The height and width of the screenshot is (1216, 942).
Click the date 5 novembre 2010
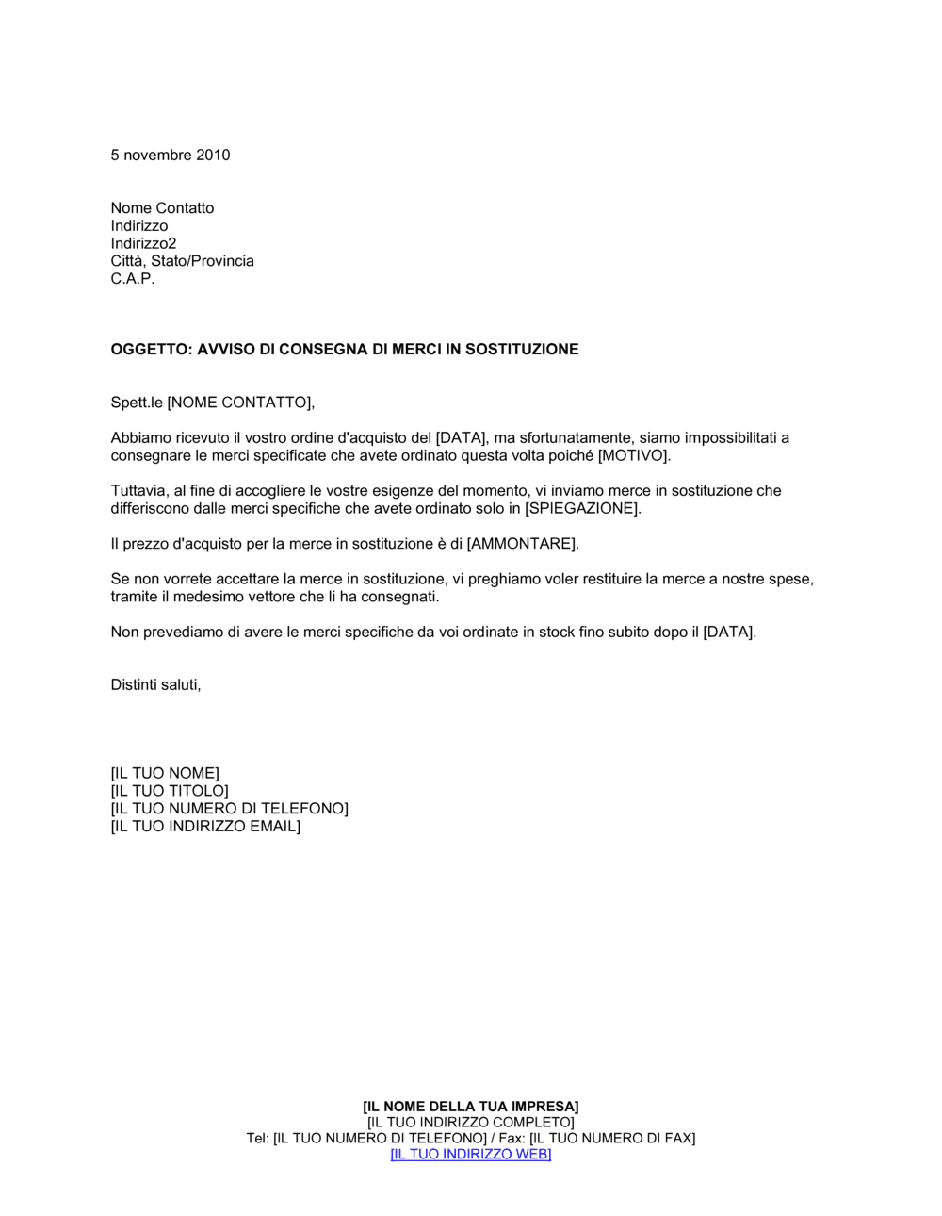click(x=171, y=156)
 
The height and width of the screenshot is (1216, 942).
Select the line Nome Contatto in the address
click(x=162, y=208)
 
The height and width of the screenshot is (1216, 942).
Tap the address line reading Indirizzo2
click(x=143, y=243)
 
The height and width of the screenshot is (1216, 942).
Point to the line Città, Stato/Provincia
click(x=182, y=261)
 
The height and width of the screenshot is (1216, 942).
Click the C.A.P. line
click(x=133, y=279)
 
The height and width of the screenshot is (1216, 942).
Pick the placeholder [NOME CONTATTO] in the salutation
click(x=239, y=403)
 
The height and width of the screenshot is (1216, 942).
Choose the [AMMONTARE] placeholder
click(x=522, y=544)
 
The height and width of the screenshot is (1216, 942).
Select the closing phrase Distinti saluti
click(x=155, y=685)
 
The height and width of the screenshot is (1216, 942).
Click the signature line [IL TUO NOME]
click(x=165, y=774)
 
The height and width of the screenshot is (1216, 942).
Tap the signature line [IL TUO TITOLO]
click(x=170, y=791)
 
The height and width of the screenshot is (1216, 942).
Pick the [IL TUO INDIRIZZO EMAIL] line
click(x=205, y=827)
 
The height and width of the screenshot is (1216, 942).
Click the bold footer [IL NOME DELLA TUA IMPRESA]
click(x=471, y=1107)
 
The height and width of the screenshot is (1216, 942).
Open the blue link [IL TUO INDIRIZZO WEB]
click(x=471, y=1155)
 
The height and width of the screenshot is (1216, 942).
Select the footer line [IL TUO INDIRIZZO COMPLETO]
click(x=471, y=1123)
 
